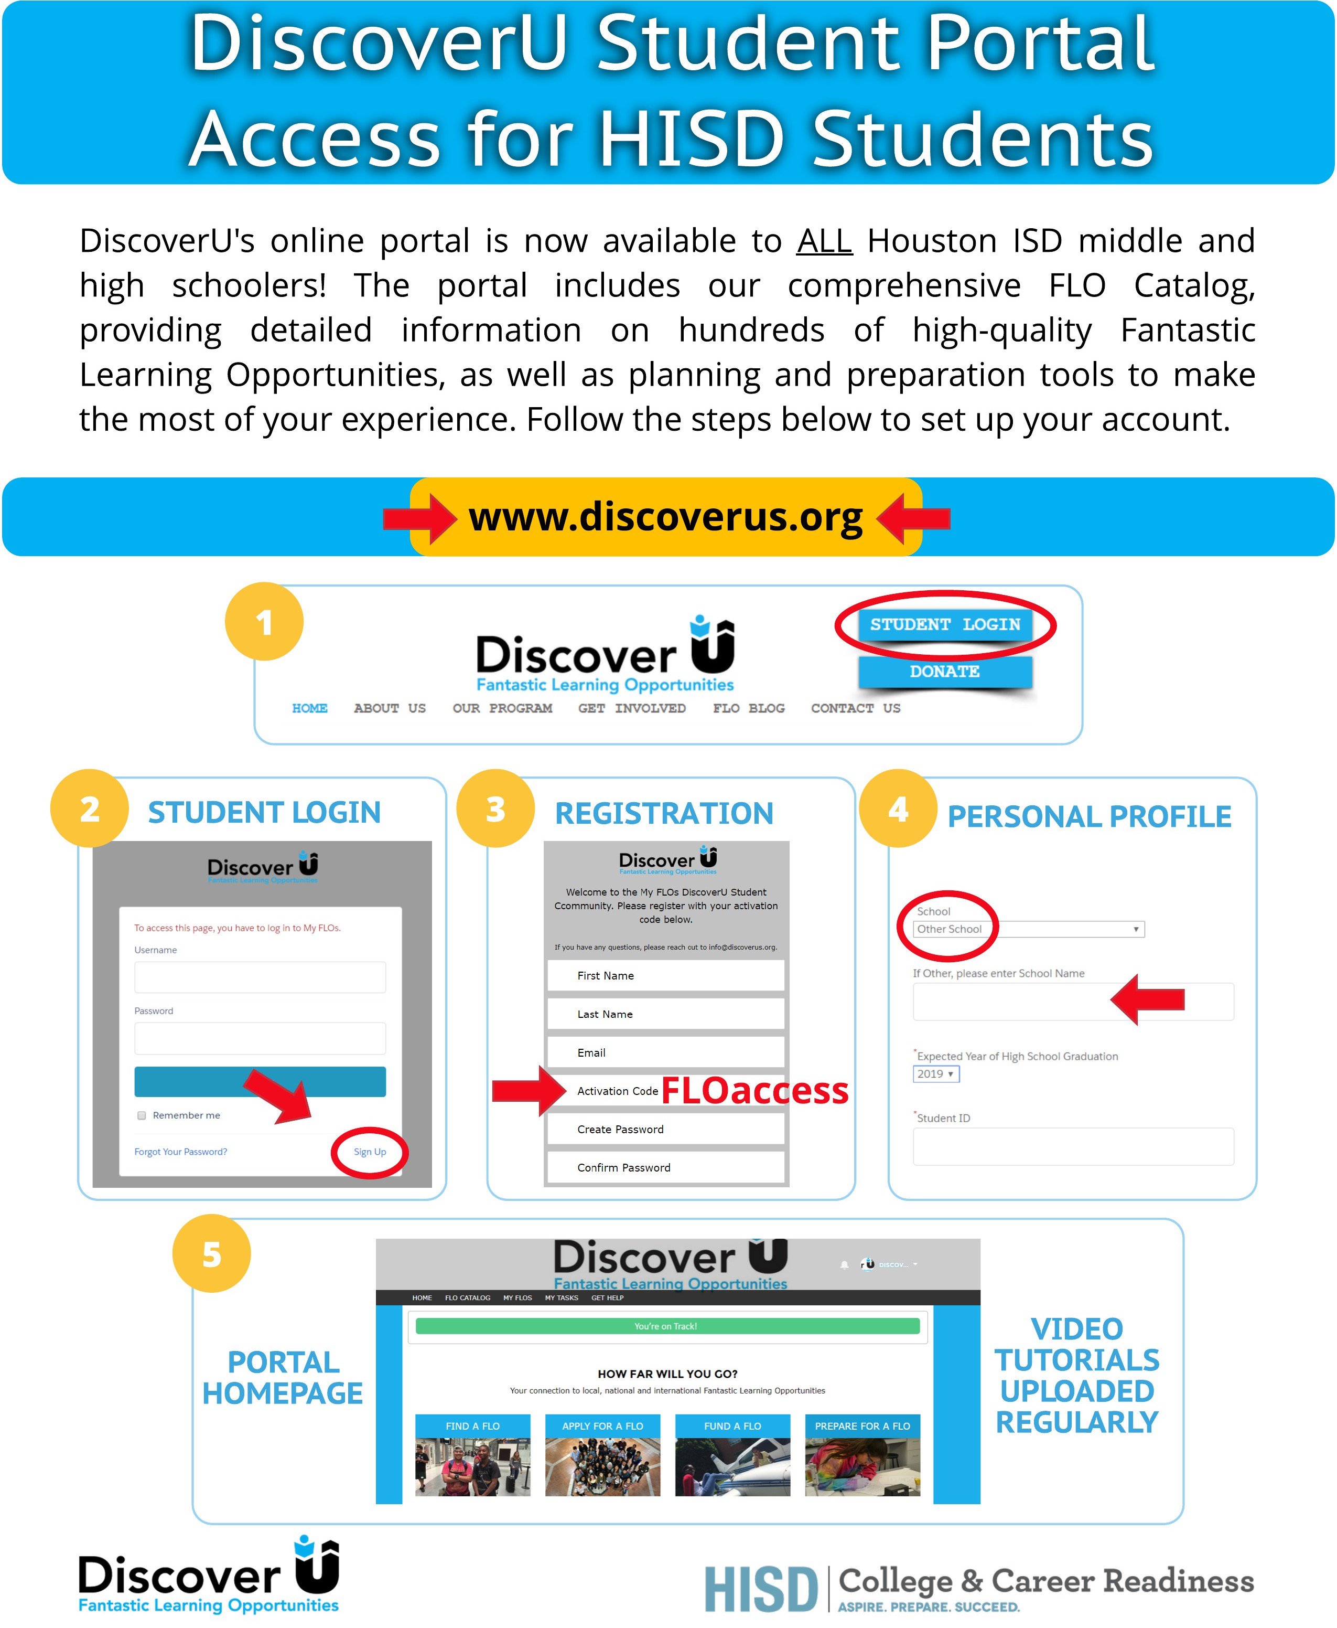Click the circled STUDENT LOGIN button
[944, 624]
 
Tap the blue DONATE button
[944, 671]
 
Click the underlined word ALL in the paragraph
[824, 241]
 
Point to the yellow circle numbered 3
[495, 809]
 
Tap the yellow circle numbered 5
[212, 1254]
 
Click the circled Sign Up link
[370, 1152]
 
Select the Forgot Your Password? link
[180, 1152]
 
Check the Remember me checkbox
[142, 1115]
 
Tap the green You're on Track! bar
[667, 1326]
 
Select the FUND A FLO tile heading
[732, 1426]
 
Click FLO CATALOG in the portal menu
[468, 1298]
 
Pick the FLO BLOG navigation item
[749, 708]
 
